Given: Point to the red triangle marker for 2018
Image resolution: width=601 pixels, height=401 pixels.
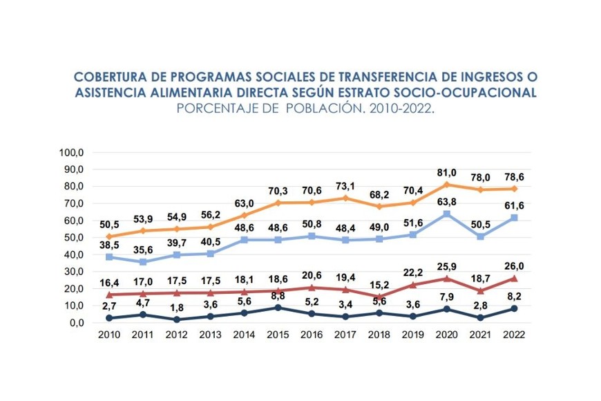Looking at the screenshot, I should pos(379,297).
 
